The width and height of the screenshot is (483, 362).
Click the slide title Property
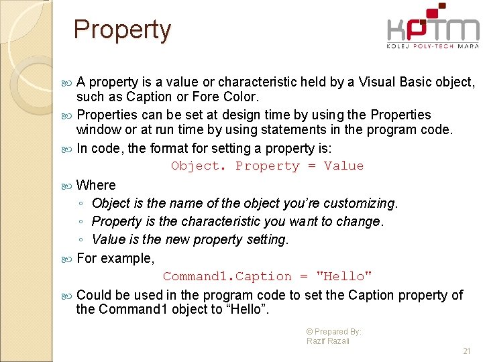[122, 30]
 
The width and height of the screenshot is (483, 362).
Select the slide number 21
[467, 351]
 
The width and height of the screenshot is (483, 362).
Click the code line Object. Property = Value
[267, 166]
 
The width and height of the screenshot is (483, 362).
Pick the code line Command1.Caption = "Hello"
[267, 276]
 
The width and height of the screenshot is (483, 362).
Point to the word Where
[96, 185]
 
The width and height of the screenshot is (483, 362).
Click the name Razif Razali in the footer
[328, 341]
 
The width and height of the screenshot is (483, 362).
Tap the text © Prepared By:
[333, 331]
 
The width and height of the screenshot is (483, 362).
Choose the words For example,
[115, 258]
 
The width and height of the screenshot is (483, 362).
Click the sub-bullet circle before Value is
[80, 240]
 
